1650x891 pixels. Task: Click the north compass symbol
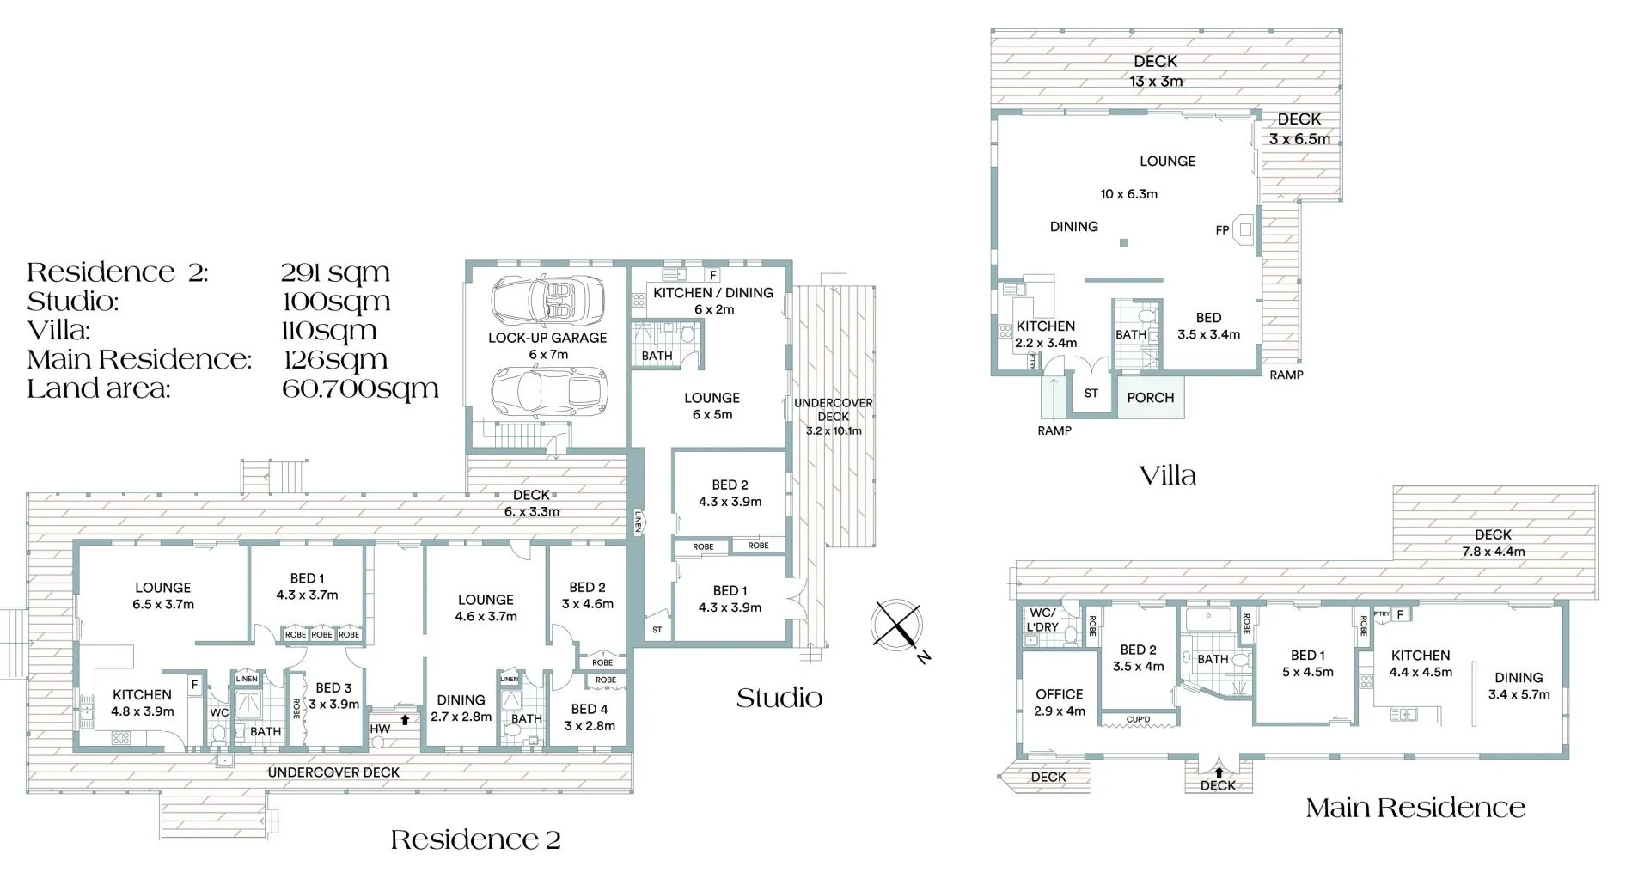point(896,624)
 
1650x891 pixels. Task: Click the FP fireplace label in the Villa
point(1222,230)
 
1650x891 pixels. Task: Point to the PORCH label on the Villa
point(1150,398)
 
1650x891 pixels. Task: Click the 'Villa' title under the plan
point(1167,475)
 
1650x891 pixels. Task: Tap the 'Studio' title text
point(779,698)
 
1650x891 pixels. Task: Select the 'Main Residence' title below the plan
point(1415,808)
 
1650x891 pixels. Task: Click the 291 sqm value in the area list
point(335,272)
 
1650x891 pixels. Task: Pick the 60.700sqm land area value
point(360,388)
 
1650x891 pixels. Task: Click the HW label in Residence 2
point(380,729)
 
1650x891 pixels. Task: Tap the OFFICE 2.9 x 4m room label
point(1059,702)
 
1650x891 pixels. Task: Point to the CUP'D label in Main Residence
point(1138,719)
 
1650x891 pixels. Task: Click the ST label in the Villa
point(1091,394)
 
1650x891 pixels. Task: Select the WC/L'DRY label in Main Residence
point(1042,619)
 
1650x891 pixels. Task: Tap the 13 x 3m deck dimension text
point(1155,82)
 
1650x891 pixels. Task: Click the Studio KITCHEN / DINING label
point(712,293)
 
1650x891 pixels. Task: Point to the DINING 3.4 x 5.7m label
point(1518,686)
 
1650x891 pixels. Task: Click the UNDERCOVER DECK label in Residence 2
point(333,772)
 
